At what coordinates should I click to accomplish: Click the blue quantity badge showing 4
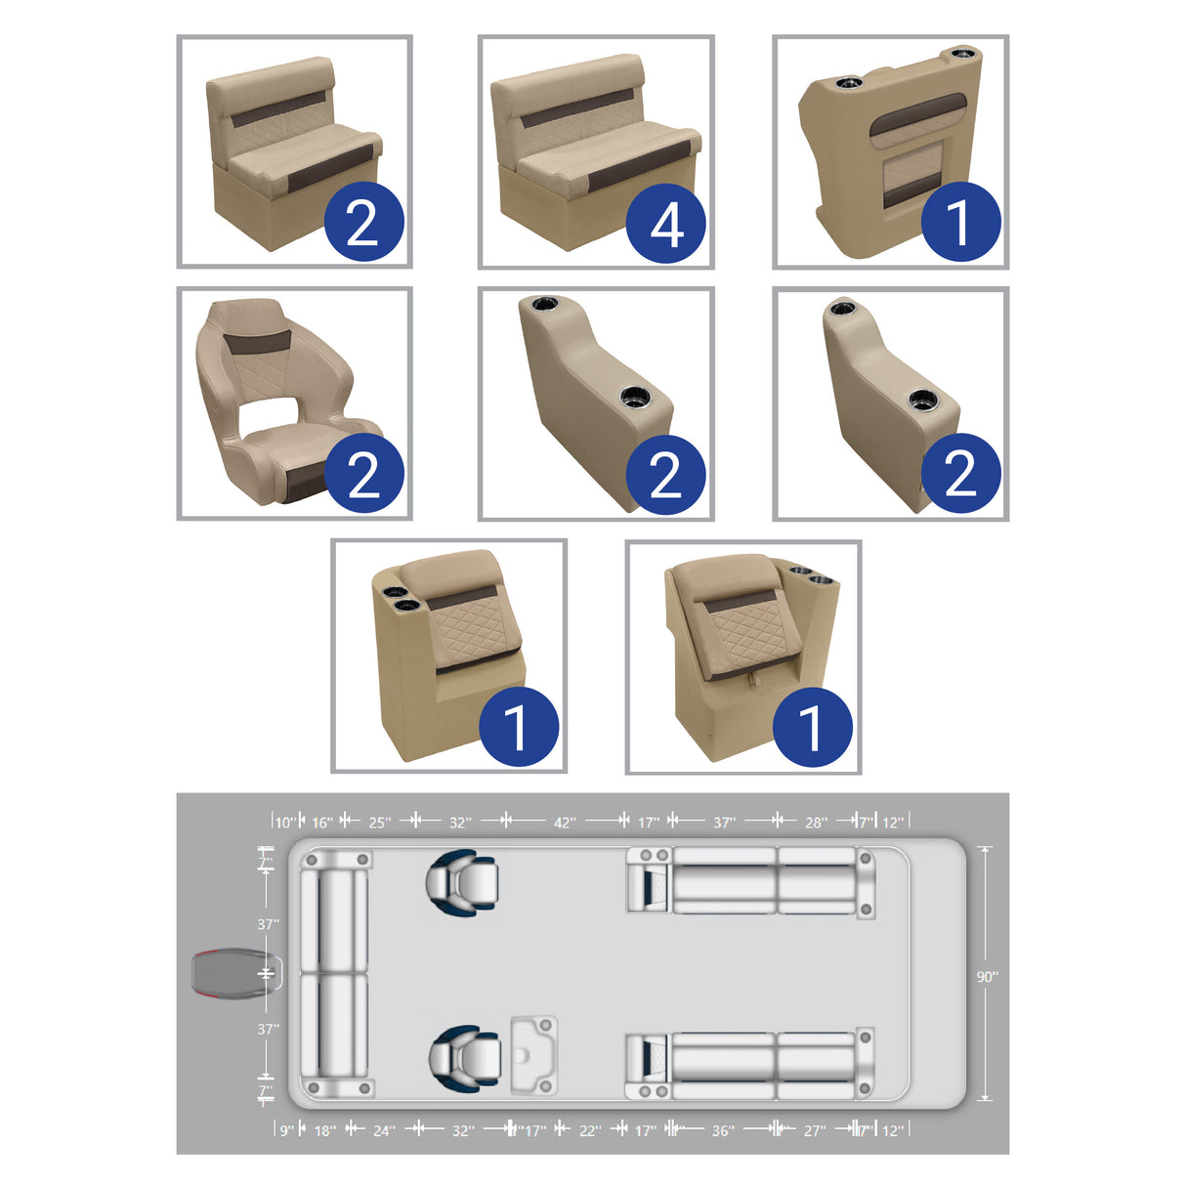[x=666, y=224]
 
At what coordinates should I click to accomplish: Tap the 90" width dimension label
[x=987, y=976]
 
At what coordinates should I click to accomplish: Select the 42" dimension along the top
[x=565, y=823]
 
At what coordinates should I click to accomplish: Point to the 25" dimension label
[x=379, y=823]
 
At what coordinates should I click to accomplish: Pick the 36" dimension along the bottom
[x=722, y=1130]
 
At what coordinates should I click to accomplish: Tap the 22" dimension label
[x=590, y=1130]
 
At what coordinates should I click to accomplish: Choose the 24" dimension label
[x=384, y=1130]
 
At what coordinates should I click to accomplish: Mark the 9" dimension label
[x=286, y=1130]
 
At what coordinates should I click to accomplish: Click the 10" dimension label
[x=284, y=823]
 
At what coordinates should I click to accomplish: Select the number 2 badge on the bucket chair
[x=363, y=476]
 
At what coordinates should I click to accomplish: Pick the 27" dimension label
[x=814, y=1130]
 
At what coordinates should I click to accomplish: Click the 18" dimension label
[x=324, y=1130]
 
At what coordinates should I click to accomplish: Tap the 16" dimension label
[x=322, y=823]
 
